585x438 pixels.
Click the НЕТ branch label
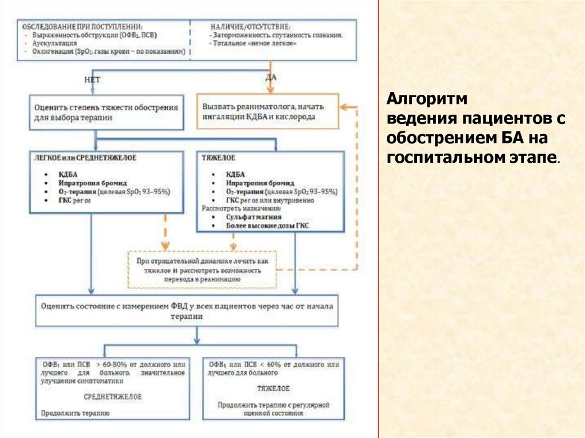point(92,81)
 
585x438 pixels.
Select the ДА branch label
point(271,77)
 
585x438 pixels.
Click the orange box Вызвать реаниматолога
point(267,111)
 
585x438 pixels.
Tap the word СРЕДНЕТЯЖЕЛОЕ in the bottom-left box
point(113,396)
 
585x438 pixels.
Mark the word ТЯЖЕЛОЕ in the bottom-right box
point(273,388)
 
